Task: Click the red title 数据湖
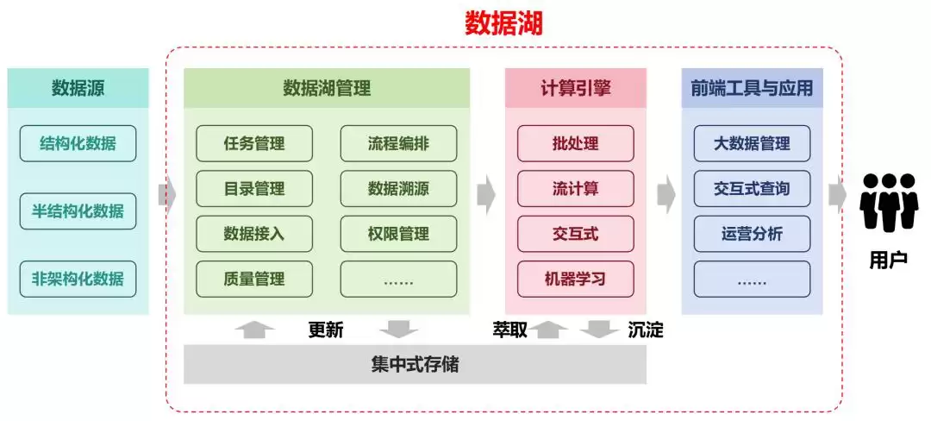click(504, 23)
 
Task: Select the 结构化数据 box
click(78, 143)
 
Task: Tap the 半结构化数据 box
click(78, 211)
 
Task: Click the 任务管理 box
click(254, 143)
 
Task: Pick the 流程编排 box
click(398, 143)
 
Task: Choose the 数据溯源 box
click(398, 188)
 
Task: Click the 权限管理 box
click(398, 234)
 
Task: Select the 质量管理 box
click(254, 279)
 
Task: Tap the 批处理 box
click(575, 143)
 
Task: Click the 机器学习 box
click(575, 279)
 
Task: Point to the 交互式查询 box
click(752, 188)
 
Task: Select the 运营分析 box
click(752, 234)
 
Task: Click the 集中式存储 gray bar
click(415, 364)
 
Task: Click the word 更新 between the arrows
click(326, 330)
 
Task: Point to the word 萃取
click(509, 330)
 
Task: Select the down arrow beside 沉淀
click(599, 329)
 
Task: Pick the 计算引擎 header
click(575, 88)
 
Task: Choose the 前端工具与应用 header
click(752, 88)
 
